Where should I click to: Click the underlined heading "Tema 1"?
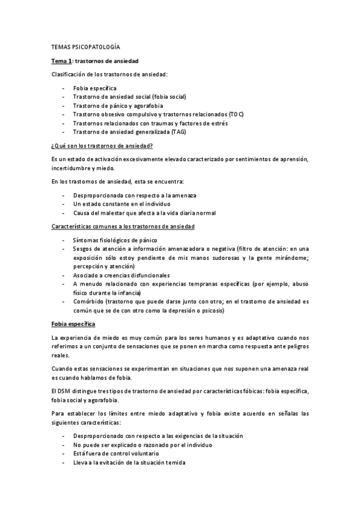[x=62, y=61]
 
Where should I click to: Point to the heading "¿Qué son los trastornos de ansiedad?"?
[x=102, y=146]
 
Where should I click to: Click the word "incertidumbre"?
[x=71, y=170]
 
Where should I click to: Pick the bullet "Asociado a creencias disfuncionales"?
[x=121, y=275]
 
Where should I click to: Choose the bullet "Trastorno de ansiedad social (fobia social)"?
[x=129, y=96]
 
